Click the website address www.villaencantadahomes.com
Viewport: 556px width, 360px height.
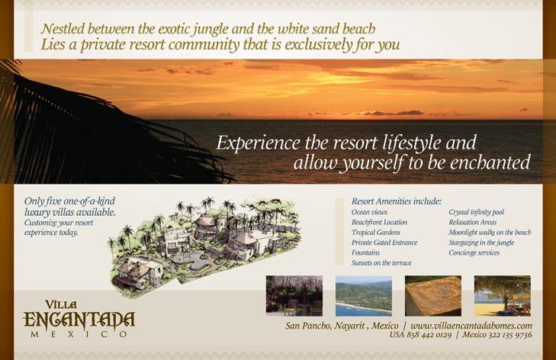[x=471, y=326]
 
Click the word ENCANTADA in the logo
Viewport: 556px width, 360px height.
[x=79, y=320]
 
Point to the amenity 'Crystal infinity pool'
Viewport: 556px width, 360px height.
[x=476, y=212]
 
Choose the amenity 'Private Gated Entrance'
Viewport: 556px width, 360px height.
[x=384, y=243]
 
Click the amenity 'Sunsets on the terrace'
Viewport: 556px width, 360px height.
[x=381, y=263]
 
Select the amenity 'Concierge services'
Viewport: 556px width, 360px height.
[x=474, y=253]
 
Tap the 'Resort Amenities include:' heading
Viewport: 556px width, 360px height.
[x=397, y=201]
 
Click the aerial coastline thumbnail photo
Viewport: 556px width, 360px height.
[x=364, y=296]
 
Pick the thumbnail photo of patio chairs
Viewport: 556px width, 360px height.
[x=294, y=296]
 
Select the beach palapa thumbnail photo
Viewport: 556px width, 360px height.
[x=503, y=296]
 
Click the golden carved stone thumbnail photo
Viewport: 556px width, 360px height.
[x=433, y=296]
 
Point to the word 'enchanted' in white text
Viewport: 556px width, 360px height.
[x=490, y=162]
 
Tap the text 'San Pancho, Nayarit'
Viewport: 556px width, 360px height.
[x=325, y=326]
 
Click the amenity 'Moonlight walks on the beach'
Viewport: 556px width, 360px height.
[x=490, y=233]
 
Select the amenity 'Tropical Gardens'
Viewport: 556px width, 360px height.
[x=376, y=233]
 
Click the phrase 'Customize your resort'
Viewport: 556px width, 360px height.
[x=59, y=223]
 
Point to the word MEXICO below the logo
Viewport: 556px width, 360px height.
[x=79, y=335]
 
